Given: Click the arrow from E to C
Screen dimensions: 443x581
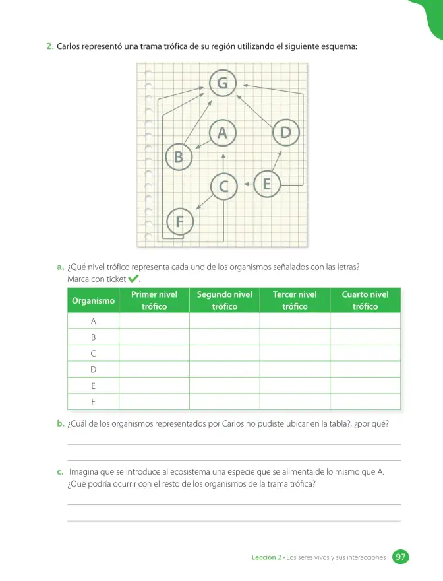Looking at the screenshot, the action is coord(249,184).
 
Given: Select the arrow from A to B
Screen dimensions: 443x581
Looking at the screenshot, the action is coord(202,144).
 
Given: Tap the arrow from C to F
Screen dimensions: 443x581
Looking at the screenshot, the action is coord(204,202).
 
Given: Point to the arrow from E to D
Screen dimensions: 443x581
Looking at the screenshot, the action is coord(277,161).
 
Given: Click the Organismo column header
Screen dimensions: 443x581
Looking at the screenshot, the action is coord(93,300).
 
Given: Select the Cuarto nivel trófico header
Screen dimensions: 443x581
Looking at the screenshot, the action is coord(365,300).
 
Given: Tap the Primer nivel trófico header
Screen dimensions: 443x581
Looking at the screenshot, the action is coord(154,300).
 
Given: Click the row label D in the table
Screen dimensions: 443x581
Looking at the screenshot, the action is coord(93,370).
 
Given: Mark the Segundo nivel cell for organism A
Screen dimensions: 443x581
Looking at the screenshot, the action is coord(225,321).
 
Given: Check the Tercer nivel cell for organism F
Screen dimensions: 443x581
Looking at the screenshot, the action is coord(295,401).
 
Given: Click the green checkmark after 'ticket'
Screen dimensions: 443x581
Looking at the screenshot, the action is coord(133,278).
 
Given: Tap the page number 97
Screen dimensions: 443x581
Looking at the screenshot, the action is coord(400,557).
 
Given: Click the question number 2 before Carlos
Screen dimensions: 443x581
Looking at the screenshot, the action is coord(50,46).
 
